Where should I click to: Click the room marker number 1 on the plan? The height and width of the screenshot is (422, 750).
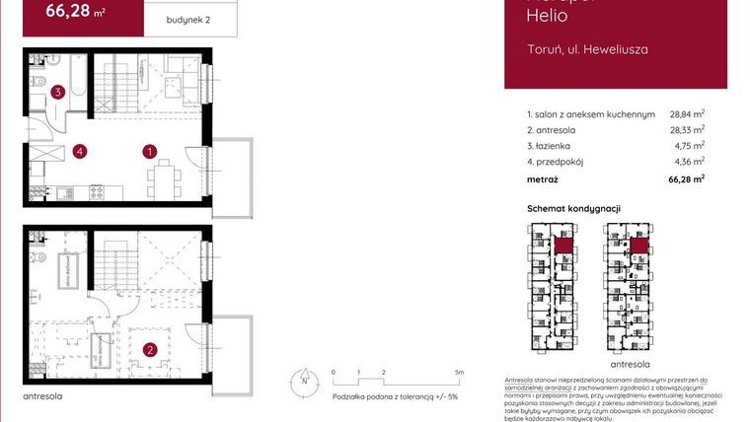pos(149,152)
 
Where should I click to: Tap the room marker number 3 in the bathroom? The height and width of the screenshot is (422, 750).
pos(59,93)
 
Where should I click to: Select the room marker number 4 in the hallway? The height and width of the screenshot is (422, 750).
pos(79,152)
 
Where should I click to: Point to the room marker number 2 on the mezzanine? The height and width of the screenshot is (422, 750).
pos(149,349)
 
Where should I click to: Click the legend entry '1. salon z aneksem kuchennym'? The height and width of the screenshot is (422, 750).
pos(591,114)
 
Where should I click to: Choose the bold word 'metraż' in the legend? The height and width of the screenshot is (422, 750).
pos(543,179)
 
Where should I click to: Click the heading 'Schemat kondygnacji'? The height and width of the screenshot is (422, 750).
pos(573,209)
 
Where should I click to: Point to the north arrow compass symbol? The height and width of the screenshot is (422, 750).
pos(305,379)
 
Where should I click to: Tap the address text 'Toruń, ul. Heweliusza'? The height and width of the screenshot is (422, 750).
pos(587,48)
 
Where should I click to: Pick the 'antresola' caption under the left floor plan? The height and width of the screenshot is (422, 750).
pos(42,396)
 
